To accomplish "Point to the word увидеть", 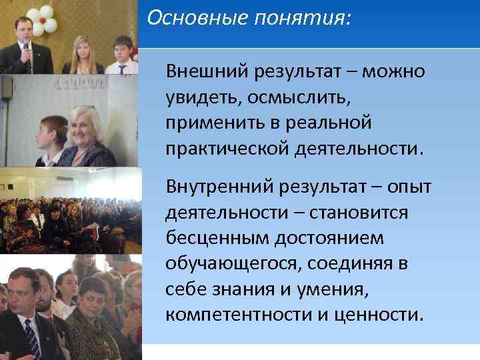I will coord(202,97).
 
